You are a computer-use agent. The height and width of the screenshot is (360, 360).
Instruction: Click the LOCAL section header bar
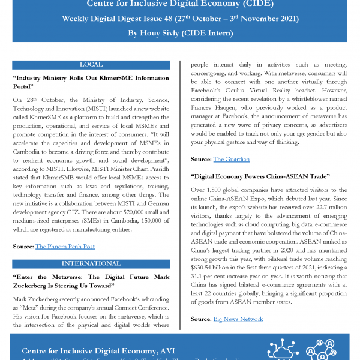(x=91, y=64)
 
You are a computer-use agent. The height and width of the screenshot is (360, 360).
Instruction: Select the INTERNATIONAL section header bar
(x=91, y=263)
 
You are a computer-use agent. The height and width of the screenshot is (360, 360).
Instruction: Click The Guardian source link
(x=232, y=159)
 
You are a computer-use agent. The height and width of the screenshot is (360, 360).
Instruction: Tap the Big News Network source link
(x=238, y=319)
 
